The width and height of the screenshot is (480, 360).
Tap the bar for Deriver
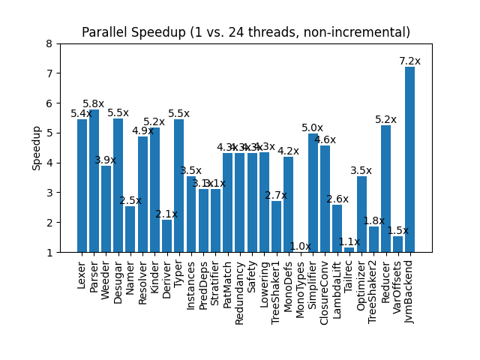coord(166,236)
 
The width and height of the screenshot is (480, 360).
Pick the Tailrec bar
coord(349,250)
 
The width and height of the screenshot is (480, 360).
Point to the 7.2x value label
coord(409,61)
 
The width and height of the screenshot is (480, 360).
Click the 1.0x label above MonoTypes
coord(300,246)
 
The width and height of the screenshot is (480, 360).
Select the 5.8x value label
coord(94,104)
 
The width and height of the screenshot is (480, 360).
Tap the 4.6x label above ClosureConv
coord(325,140)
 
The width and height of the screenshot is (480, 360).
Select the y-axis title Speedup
coord(37,148)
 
